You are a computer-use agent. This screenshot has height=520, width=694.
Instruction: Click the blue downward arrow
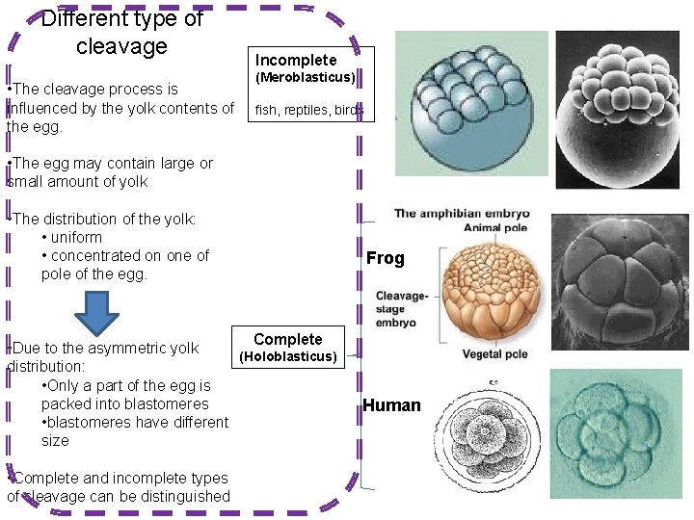tap(96, 314)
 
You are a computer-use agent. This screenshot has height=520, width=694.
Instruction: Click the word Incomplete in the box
tap(296, 60)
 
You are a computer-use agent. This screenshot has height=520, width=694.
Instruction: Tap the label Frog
tap(385, 258)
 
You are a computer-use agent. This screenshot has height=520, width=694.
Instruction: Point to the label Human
tap(391, 405)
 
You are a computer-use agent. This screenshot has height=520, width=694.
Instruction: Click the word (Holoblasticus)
tap(288, 357)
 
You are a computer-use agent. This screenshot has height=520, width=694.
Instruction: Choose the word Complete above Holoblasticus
tap(287, 339)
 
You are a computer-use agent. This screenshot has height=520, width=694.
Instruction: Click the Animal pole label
tap(495, 228)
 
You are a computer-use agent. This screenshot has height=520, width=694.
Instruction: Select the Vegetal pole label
tap(494, 353)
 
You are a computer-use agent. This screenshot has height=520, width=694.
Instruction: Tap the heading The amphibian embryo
tap(461, 214)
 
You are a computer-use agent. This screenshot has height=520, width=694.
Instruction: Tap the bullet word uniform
tap(76, 237)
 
